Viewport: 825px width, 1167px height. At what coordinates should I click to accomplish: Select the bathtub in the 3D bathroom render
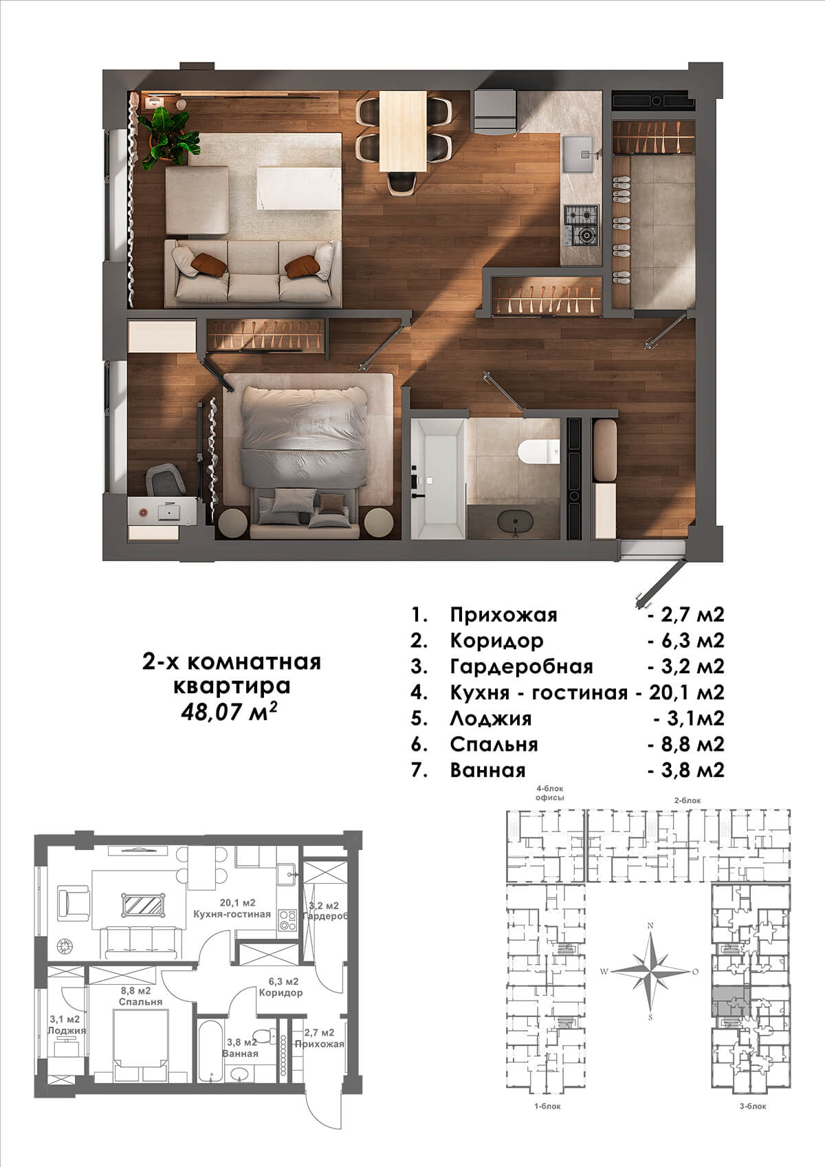[437, 479]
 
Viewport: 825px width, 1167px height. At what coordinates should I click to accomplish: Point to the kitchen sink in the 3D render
[579, 154]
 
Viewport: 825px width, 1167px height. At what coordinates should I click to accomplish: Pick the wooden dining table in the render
[403, 131]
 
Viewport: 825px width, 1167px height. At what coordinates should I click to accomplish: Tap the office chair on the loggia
[165, 479]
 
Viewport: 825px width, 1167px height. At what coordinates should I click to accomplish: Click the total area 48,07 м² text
[228, 711]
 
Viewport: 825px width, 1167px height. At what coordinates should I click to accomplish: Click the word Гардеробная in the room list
[521, 666]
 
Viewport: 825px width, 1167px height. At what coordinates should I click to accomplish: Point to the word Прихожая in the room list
[504, 615]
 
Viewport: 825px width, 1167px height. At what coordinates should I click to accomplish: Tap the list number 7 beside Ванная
[419, 770]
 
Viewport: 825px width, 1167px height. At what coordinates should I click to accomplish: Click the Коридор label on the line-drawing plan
[280, 992]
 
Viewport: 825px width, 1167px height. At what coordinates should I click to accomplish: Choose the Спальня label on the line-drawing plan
[141, 1001]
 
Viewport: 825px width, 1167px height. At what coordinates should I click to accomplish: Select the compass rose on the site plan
[650, 971]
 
